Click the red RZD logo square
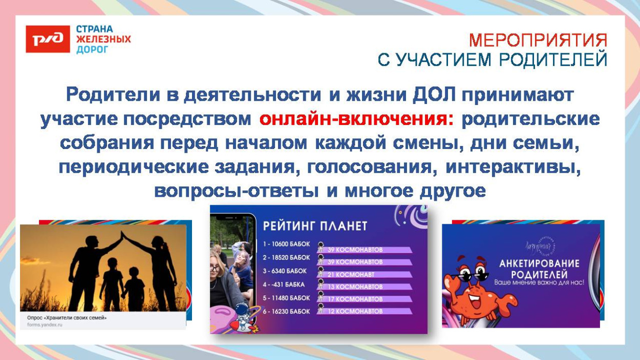pyautogui.click(x=48, y=39)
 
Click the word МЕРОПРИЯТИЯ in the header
pyautogui.click(x=538, y=40)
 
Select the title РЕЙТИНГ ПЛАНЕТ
pyautogui.click(x=315, y=226)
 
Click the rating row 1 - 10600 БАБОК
pyautogui.click(x=287, y=244)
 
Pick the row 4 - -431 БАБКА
pyautogui.click(x=285, y=284)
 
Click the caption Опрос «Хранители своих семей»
pyautogui.click(x=67, y=317)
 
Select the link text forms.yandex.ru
pyautogui.click(x=45, y=325)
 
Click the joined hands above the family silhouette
pyautogui.click(x=122, y=236)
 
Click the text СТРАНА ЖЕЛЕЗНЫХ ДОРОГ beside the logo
pyautogui.click(x=103, y=39)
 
